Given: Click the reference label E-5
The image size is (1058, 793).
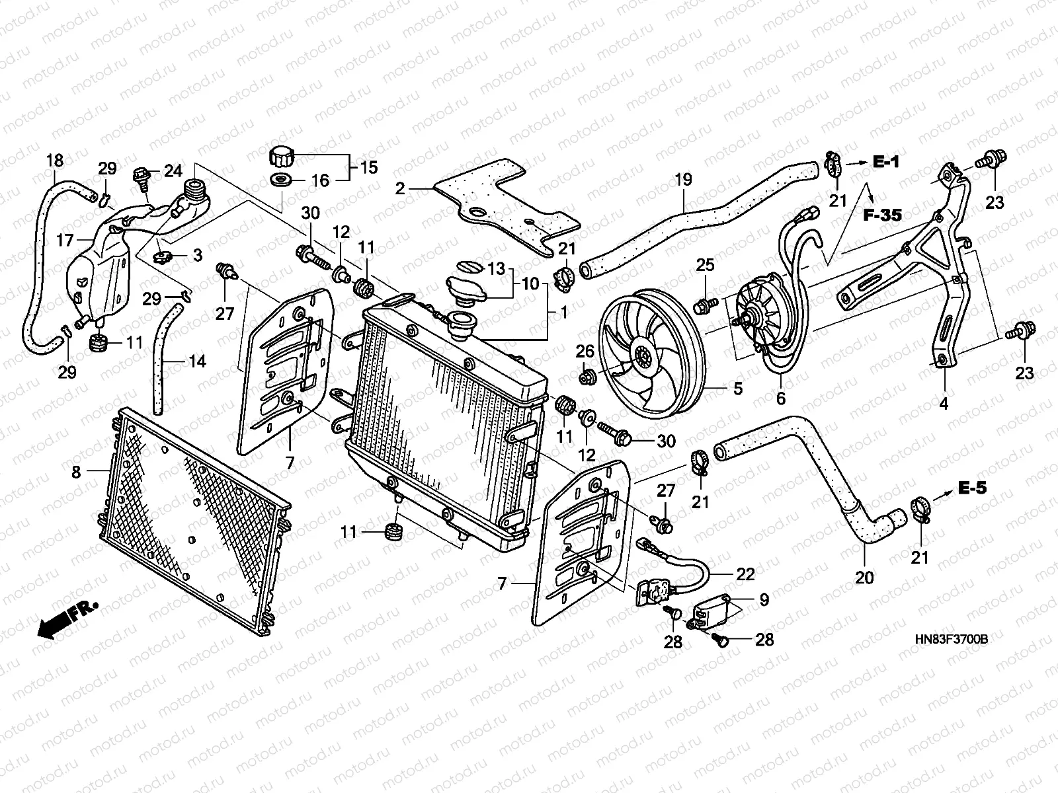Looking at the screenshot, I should pos(972,490).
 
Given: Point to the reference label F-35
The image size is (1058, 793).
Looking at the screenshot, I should pos(882,215).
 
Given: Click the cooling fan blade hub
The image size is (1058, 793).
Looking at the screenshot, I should pos(641,359).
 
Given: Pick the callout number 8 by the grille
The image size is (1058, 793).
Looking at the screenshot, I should pos(76,471).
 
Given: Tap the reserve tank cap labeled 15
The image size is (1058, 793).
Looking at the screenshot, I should pos(281,158).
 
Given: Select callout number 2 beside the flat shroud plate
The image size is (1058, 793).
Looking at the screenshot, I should pos(399,189).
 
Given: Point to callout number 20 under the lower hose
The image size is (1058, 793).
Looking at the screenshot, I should pos(864,578).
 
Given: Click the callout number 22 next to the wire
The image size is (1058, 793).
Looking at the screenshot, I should pos(745,574).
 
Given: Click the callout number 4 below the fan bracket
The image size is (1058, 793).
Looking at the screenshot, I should pos(944,403).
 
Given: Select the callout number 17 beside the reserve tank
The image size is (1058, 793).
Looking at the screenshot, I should pos(65,241).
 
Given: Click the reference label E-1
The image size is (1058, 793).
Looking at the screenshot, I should pos(886,162).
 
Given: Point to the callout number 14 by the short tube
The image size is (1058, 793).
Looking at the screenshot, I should pos(197,361).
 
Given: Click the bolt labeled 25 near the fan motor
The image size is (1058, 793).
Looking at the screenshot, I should pos(704,305).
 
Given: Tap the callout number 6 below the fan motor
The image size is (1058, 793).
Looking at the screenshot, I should pos(780,398).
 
